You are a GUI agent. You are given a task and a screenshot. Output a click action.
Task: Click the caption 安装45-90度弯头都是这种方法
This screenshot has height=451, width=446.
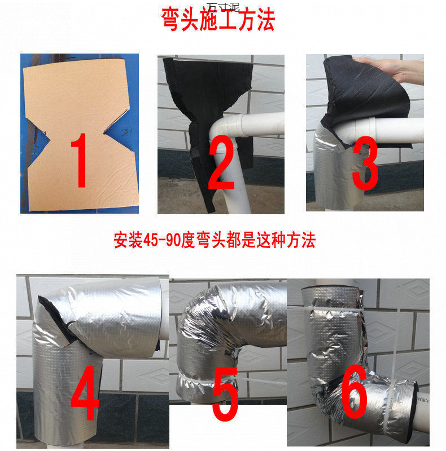tap(215, 241)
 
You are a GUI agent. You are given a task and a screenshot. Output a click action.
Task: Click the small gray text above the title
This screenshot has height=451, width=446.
tap(223, 7)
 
